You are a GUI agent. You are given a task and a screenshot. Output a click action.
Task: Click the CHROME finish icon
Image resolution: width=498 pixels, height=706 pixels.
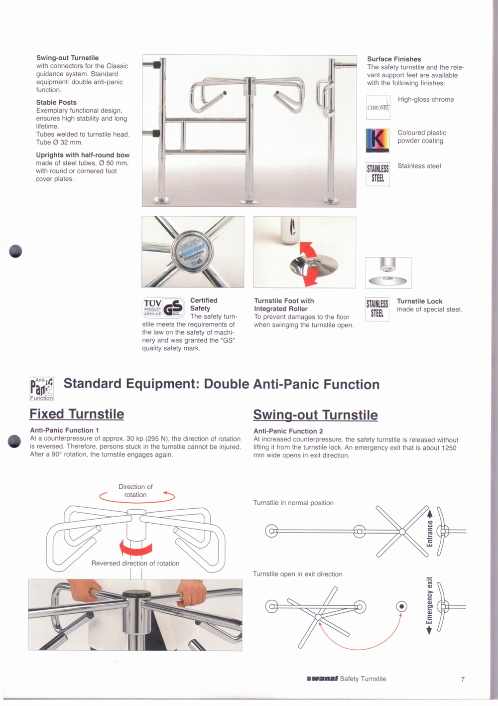pos(378,108)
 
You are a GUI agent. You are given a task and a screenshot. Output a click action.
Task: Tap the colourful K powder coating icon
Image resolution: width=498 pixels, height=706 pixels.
pos(378,140)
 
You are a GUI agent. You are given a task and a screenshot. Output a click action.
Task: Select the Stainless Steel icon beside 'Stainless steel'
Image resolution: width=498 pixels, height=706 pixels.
pos(378,174)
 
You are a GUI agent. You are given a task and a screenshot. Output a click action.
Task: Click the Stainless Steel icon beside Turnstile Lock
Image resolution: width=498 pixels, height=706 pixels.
pos(377,309)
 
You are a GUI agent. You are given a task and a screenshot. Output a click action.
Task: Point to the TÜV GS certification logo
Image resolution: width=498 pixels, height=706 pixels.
pos(163,308)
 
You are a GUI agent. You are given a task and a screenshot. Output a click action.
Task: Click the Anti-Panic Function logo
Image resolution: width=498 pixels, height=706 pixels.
pos(41,389)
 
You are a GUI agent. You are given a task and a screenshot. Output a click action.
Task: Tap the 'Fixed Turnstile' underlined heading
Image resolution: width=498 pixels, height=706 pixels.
pos(77,414)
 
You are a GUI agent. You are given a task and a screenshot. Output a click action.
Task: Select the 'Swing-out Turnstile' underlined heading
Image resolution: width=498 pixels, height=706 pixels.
pos(315,415)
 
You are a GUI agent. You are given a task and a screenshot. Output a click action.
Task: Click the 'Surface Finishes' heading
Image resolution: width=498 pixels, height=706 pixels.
pos(394,59)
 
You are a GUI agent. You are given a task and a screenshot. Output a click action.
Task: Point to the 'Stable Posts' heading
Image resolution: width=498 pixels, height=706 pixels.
pos(56,103)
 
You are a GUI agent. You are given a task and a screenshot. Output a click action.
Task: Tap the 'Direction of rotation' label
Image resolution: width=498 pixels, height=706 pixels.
pos(135,491)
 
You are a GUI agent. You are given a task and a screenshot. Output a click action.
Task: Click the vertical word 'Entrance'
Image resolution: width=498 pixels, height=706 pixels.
pos(430,534)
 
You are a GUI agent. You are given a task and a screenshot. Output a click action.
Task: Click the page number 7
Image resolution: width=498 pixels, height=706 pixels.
pos(463,679)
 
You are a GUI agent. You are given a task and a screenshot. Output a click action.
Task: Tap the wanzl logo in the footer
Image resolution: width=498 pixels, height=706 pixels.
pos(322,679)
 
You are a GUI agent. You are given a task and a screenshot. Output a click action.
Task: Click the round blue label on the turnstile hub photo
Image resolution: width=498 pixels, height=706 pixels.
pos(192,252)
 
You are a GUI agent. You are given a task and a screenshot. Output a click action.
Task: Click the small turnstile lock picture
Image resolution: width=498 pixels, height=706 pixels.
pos(388,273)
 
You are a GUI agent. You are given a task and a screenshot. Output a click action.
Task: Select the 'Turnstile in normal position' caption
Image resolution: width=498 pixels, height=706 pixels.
pos(293,503)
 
